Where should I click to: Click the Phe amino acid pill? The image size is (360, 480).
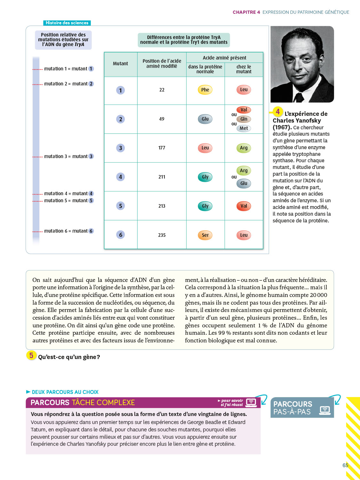(x=205, y=90)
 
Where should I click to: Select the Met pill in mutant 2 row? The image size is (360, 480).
(x=244, y=128)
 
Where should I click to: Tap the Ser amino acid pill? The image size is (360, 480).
(x=205, y=235)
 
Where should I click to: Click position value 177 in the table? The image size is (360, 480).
(x=162, y=148)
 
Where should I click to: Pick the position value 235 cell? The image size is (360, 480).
(x=162, y=235)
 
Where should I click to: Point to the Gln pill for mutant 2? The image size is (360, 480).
(x=244, y=119)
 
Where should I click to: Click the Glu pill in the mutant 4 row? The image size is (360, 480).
(x=244, y=183)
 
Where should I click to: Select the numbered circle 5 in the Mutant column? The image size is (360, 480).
(x=121, y=206)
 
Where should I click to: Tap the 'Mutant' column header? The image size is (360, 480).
(x=121, y=64)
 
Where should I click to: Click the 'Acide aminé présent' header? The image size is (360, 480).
(x=225, y=58)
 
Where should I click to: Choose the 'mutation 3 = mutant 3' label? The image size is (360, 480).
(x=68, y=156)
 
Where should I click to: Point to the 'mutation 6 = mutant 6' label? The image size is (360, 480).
(x=68, y=231)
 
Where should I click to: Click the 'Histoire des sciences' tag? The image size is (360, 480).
(x=67, y=23)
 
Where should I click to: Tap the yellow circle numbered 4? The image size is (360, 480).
(x=278, y=112)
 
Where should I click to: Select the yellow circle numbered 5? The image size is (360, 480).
(x=31, y=355)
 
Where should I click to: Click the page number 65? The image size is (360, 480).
(x=345, y=465)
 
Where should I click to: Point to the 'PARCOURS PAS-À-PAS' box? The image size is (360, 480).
(x=302, y=408)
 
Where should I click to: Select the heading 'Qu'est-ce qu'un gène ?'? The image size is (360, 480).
(x=69, y=357)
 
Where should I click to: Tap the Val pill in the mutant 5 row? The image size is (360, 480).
(x=244, y=206)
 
